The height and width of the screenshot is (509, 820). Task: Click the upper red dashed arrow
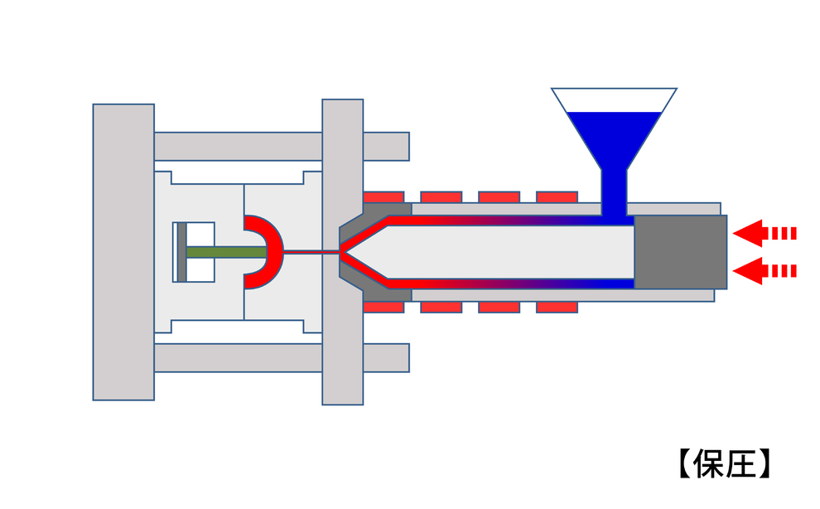tap(764, 233)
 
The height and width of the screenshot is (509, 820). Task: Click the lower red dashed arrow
tap(764, 271)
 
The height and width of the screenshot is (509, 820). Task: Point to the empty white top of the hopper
tap(614, 100)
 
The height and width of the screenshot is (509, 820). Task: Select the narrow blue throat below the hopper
tap(614, 192)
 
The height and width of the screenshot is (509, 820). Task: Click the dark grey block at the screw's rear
tap(680, 252)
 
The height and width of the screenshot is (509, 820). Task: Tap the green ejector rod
tap(226, 252)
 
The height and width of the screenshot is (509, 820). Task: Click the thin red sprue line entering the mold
tap(312, 252)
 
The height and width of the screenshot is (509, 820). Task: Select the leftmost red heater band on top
tap(383, 197)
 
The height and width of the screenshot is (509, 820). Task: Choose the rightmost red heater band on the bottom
tap(557, 307)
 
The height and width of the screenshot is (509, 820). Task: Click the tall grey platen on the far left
tap(123, 252)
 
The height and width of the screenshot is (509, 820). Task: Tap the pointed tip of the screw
tap(342, 252)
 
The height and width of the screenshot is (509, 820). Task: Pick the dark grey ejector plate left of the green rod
tap(181, 252)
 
